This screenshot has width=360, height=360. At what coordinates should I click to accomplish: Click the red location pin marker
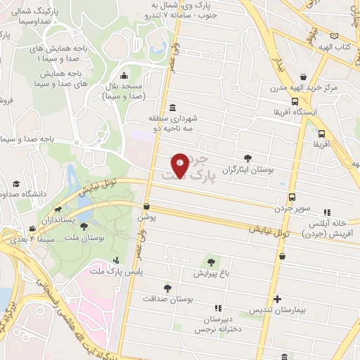pos(180,166)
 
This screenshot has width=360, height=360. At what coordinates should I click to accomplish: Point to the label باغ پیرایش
pos(210,272)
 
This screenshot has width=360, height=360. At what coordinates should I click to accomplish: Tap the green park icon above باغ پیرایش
pos(210,262)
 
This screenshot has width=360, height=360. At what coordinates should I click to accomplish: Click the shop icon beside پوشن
pos(146,207)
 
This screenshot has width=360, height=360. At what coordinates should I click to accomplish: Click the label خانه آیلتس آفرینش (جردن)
pos(336,228)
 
